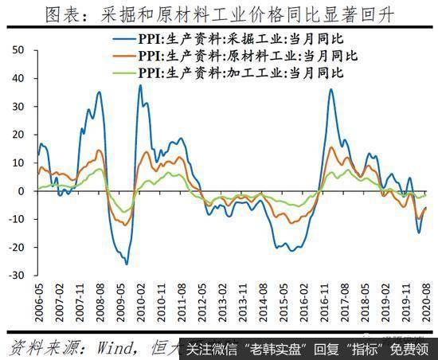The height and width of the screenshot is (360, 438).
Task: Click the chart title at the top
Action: pos(219,15)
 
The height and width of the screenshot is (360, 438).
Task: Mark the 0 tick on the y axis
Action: pos(22,191)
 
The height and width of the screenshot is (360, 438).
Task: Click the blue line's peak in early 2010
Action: pos(140,85)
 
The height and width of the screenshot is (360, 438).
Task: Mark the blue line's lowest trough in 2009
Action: pos(126,264)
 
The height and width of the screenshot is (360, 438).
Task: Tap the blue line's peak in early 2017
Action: pos(331,89)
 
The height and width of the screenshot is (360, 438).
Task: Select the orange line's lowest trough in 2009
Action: pos(125,225)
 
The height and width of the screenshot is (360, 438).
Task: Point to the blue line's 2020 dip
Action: pos(419,233)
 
